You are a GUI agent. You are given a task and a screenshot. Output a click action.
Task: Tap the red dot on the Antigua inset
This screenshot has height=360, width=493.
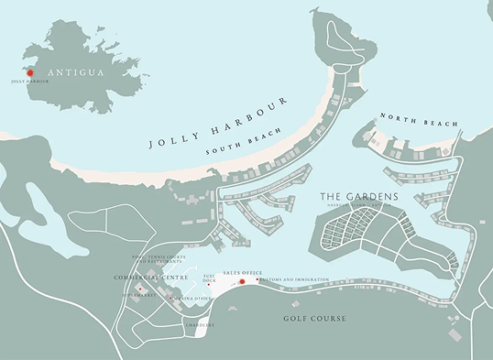[x=29, y=72]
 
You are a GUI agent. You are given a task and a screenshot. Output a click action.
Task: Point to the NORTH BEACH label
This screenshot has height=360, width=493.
[x=417, y=119]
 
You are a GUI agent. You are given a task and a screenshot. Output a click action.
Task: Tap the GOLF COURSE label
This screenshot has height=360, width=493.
[x=314, y=319]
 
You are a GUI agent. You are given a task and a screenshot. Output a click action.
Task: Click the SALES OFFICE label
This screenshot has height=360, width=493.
[x=242, y=273]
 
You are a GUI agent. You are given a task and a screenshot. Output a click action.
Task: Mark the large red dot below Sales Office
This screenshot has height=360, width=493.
[x=242, y=282]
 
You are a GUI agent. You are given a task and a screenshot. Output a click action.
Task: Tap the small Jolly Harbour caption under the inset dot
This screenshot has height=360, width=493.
[x=30, y=82]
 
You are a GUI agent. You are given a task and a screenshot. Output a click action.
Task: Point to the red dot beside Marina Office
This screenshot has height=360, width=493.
[x=170, y=298]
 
